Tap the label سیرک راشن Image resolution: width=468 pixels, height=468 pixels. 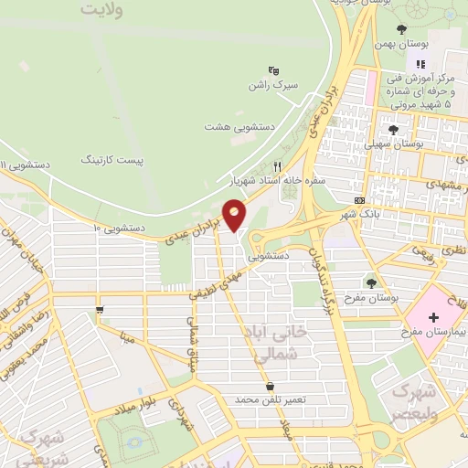pos(271,85)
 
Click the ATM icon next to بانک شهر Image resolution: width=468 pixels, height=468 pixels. pos(359,200)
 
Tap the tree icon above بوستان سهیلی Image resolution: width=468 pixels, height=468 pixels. pos(393,130)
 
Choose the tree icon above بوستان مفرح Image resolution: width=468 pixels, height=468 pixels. pos(372,282)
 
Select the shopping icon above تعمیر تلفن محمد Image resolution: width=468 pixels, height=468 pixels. pos(270,386)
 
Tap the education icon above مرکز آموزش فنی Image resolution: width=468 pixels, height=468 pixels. pos(420,64)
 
